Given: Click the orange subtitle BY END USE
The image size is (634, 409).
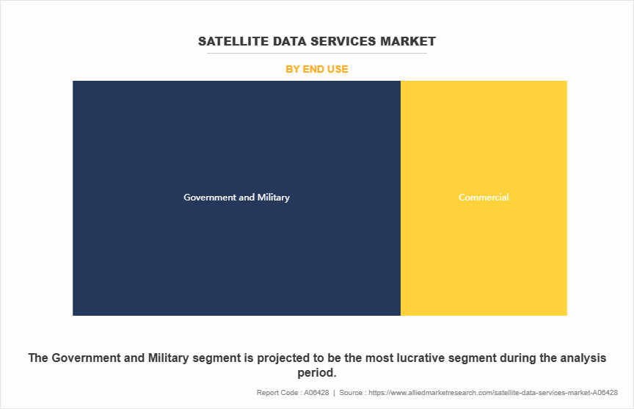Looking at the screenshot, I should (317, 69).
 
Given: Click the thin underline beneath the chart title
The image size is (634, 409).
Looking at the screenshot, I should (317, 53).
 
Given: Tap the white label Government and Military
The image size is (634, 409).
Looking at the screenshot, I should (236, 198).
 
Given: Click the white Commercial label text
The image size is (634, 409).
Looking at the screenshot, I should (484, 198).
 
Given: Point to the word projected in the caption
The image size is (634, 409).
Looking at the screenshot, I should (277, 358).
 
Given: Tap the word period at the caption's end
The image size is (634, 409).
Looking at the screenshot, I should (315, 373).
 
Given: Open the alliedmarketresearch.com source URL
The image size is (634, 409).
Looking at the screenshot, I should (492, 393).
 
